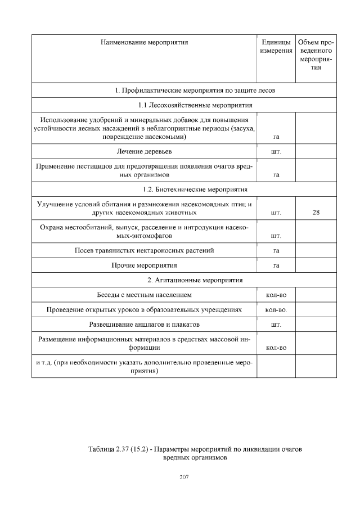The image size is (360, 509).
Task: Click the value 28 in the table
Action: [316, 213]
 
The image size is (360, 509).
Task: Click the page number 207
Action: [184, 477]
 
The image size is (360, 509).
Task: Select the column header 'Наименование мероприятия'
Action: [144, 42]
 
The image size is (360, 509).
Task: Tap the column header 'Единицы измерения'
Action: [276, 47]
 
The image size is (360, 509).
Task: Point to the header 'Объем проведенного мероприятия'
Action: [316, 55]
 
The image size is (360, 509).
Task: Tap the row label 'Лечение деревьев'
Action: [144, 152]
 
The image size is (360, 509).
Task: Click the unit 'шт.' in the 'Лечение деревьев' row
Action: [276, 152]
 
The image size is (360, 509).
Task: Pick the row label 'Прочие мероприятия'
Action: [144, 265]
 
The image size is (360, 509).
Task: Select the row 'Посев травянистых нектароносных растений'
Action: [144, 250]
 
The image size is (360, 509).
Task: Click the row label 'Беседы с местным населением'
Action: [144, 295]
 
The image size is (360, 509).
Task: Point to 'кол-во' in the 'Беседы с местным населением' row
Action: [276, 295]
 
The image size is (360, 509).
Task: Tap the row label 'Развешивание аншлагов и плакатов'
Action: [144, 325]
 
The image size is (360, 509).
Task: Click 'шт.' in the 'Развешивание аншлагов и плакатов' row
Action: [276, 325]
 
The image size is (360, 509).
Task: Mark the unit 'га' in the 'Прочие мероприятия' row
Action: [276, 265]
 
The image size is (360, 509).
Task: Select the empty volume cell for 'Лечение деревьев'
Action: [316, 152]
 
